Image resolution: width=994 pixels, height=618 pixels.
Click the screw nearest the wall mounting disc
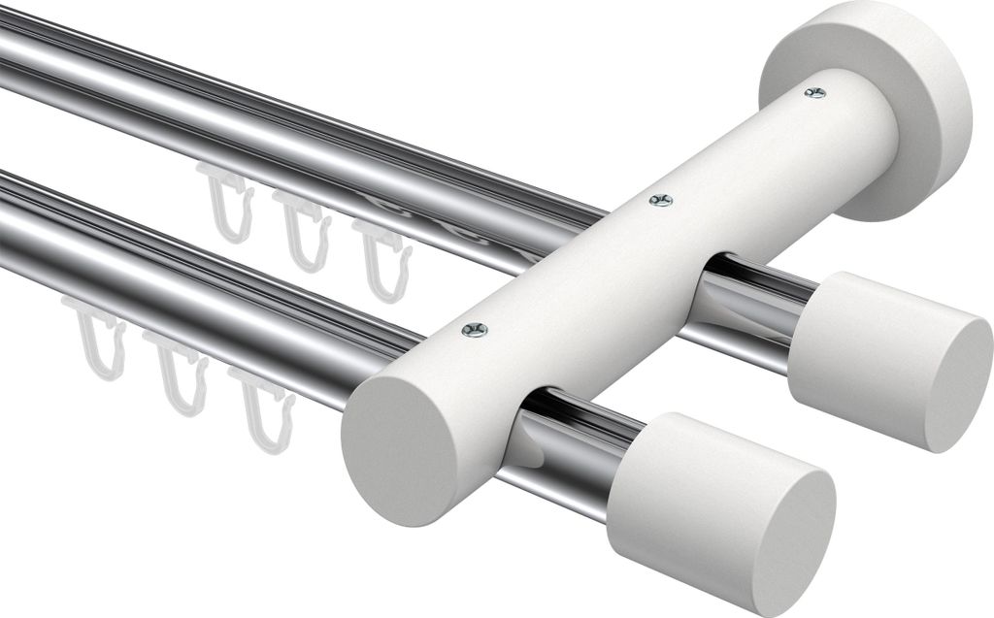pos(814,93)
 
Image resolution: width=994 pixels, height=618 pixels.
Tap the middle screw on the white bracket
pos(661,201)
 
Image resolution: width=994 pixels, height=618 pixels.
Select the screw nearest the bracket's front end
pos(475,331)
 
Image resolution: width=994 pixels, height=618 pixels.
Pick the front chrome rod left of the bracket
pos(194,262)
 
